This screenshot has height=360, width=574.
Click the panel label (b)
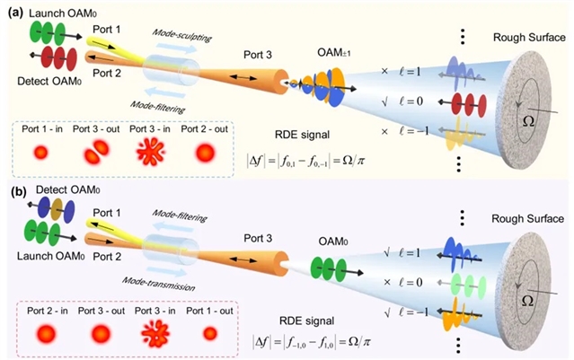click(14, 191)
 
